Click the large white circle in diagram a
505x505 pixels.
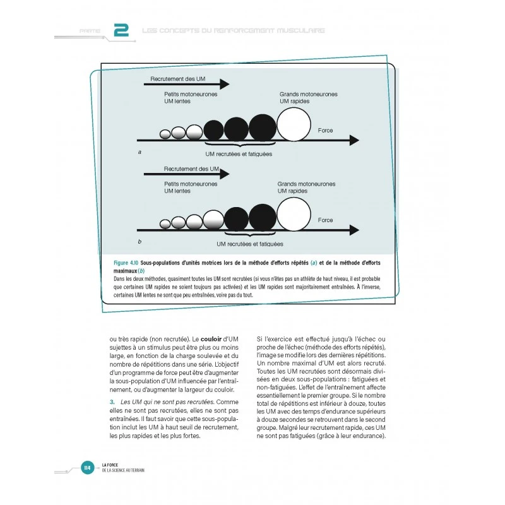[294, 124]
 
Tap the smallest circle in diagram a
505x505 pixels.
[165, 134]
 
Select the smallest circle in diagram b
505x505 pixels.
[165, 223]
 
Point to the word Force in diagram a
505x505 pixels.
[325, 131]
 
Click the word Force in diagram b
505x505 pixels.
[325, 220]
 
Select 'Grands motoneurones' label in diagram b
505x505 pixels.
[307, 184]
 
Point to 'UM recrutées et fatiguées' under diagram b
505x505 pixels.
[249, 244]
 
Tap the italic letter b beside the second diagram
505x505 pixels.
[139, 242]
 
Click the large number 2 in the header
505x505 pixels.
[121, 30]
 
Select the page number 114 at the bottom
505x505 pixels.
[88, 468]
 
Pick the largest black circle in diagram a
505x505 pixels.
[263, 128]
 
